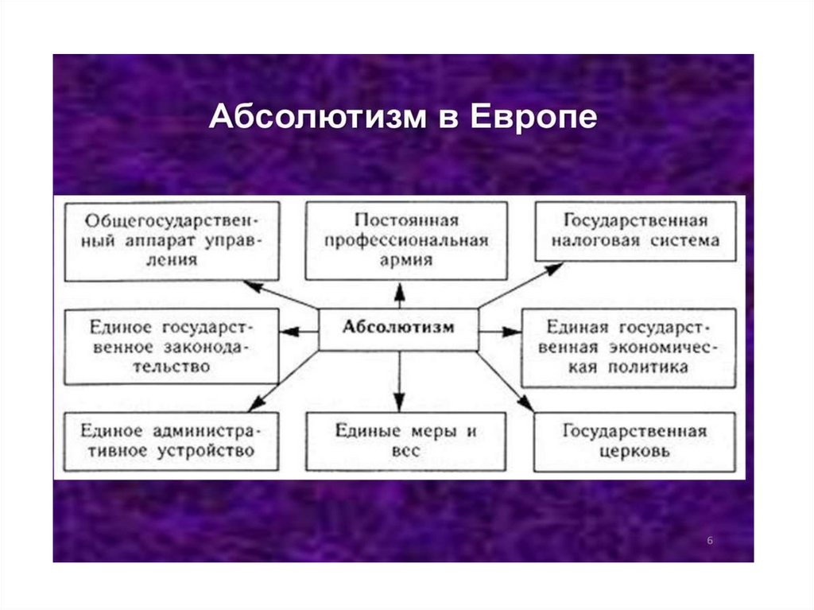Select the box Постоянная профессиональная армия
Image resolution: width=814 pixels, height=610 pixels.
[406, 240]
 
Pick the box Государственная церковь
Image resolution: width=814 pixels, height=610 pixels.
[634, 441]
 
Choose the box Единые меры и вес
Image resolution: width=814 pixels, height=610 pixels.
[405, 441]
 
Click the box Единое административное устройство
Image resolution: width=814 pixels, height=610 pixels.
[172, 441]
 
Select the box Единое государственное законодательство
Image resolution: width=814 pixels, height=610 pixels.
[172, 347]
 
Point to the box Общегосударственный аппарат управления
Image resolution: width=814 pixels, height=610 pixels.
[172, 240]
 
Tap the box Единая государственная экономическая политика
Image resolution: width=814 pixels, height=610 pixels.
[628, 347]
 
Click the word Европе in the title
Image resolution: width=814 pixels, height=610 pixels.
[533, 118]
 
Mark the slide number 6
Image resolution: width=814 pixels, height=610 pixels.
[710, 541]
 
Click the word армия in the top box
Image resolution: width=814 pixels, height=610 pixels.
[406, 259]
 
